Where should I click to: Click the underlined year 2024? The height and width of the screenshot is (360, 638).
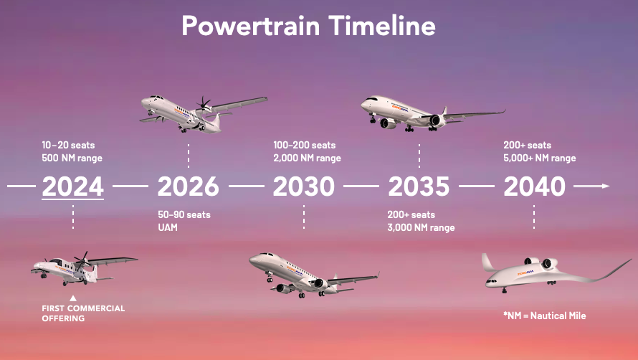click(x=73, y=186)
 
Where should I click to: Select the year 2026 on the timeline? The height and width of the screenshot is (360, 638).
click(x=189, y=186)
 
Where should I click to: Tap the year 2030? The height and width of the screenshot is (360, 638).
click(x=303, y=186)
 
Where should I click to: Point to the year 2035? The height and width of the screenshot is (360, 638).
click(x=419, y=186)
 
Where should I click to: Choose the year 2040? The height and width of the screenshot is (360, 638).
click(x=534, y=186)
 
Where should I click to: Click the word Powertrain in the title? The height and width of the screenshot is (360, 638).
click(x=251, y=26)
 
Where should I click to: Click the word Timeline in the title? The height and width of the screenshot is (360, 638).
click(x=382, y=25)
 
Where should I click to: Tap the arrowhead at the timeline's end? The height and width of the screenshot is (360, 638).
click(x=606, y=186)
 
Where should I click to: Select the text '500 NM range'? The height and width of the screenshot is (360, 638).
click(x=72, y=158)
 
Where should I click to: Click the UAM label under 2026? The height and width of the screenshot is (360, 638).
click(x=168, y=227)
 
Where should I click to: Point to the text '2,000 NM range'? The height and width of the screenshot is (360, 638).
click(x=308, y=158)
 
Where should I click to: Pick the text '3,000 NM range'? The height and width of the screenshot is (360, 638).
click(x=421, y=227)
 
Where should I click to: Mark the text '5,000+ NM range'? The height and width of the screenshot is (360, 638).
click(x=540, y=158)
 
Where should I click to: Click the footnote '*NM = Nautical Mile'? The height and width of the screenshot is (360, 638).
click(x=544, y=316)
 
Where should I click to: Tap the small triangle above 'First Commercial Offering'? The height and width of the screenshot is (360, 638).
click(x=73, y=298)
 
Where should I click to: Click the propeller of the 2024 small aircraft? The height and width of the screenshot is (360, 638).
click(x=82, y=260)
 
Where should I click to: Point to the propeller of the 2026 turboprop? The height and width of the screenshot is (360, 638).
click(x=204, y=105)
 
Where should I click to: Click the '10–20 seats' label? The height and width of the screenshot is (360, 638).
click(x=68, y=145)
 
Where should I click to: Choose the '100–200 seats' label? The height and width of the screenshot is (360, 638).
click(x=305, y=145)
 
